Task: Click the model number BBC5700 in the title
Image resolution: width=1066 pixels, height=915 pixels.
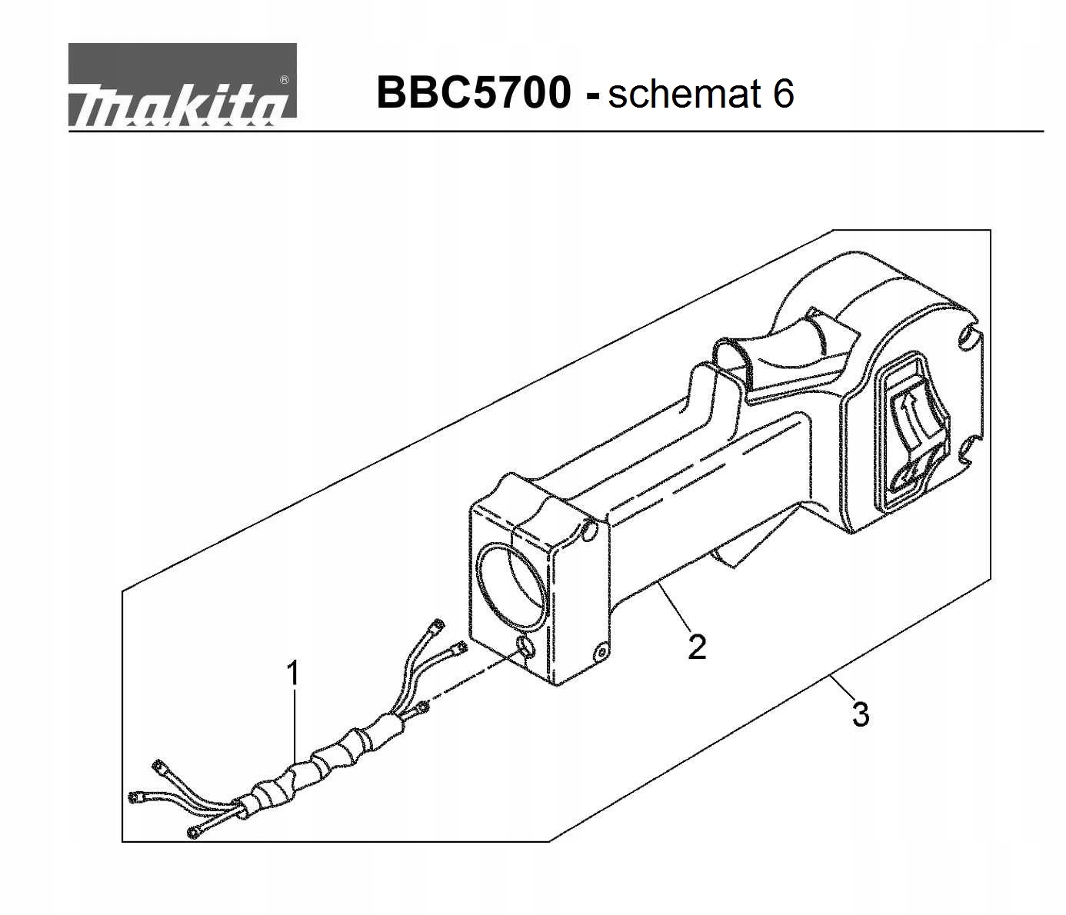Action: pos(474,93)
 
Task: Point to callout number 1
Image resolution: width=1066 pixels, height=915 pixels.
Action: pos(293,674)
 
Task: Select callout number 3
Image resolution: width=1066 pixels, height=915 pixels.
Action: pos(861,714)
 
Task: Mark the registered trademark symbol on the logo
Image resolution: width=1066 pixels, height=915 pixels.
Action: pos(284,79)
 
